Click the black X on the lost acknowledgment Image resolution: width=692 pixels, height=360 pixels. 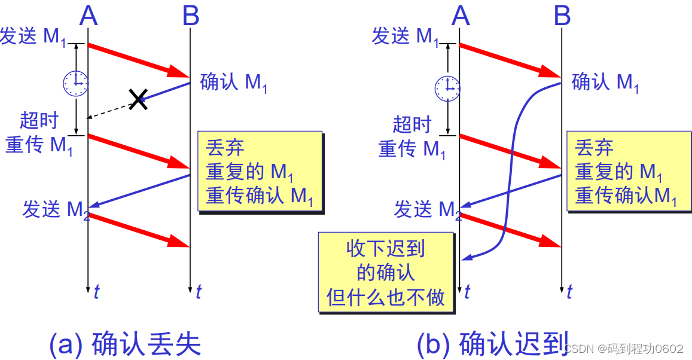(x=139, y=99)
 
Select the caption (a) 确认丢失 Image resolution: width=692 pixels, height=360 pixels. (x=125, y=344)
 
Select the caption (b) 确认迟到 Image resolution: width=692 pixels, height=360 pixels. (x=492, y=344)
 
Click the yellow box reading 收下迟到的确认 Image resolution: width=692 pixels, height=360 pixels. (x=386, y=272)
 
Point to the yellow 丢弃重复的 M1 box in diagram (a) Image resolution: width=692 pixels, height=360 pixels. (x=260, y=171)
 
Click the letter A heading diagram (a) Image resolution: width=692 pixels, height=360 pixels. (x=89, y=16)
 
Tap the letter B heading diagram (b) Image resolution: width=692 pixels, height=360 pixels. (x=562, y=16)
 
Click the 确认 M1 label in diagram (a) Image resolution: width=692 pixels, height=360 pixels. (x=234, y=83)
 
